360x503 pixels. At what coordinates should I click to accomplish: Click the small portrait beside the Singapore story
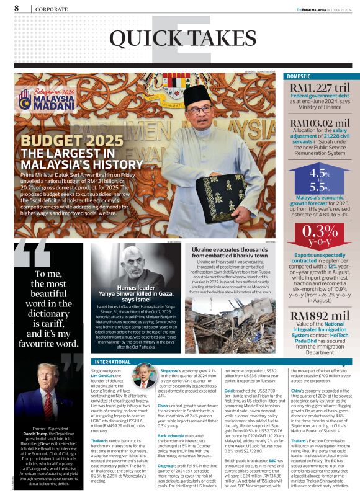[x=144, y=376]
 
